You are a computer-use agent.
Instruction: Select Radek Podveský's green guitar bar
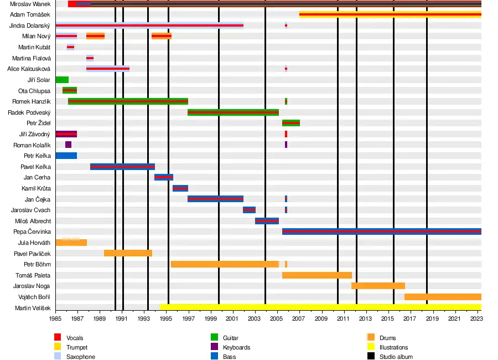pyautogui.click(x=233, y=112)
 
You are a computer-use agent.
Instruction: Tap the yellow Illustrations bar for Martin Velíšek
pyautogui.click(x=320, y=307)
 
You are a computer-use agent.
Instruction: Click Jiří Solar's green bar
pyautogui.click(x=62, y=80)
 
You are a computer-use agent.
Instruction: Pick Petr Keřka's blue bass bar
pyautogui.click(x=66, y=156)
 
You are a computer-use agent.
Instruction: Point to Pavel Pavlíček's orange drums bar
pyautogui.click(x=128, y=253)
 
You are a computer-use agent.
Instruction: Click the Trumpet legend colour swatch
pyautogui.click(x=57, y=347)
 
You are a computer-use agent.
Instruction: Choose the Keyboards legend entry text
pyautogui.click(x=236, y=347)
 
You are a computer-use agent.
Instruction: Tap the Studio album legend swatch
pyautogui.click(x=370, y=357)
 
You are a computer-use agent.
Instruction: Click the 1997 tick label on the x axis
pyautogui.click(x=188, y=318)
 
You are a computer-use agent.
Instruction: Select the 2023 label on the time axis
pyautogui.click(x=476, y=318)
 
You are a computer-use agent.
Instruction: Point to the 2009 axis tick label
pyautogui.click(x=321, y=318)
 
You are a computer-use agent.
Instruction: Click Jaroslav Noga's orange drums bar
pyautogui.click(x=378, y=286)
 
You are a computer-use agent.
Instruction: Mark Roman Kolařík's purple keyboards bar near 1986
pyautogui.click(x=68, y=145)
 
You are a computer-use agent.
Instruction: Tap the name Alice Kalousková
pyautogui.click(x=29, y=69)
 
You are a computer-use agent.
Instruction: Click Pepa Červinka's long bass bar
pyautogui.click(x=381, y=232)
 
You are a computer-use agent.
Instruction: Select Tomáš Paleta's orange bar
pyautogui.click(x=317, y=275)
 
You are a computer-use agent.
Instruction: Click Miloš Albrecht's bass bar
pyautogui.click(x=267, y=220)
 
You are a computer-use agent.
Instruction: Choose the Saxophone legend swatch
pyautogui.click(x=57, y=357)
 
